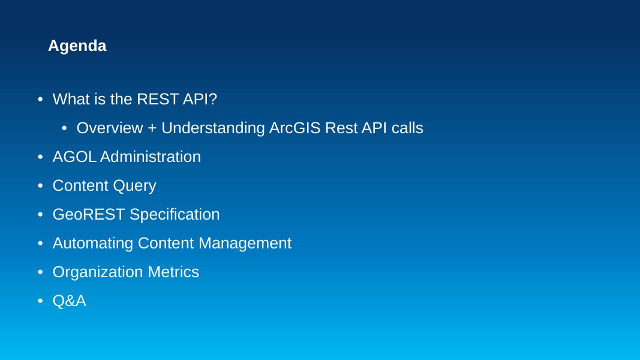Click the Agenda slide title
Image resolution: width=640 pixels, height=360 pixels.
tap(77, 46)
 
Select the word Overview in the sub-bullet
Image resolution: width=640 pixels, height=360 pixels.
tap(110, 128)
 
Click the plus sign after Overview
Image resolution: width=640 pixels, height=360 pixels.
tap(152, 128)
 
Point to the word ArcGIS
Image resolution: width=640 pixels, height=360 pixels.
tap(295, 128)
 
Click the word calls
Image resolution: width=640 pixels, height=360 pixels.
tap(407, 128)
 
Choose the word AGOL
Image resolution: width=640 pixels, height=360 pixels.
tap(74, 157)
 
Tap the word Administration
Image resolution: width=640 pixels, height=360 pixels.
tap(151, 157)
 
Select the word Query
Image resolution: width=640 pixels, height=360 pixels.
tap(135, 186)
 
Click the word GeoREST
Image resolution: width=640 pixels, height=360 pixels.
tap(89, 215)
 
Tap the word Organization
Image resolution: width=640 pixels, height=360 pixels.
tap(98, 272)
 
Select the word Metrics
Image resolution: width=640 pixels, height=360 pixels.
tap(173, 272)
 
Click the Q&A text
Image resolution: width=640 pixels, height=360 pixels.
tap(70, 301)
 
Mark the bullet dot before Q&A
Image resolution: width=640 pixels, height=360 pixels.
tap(40, 301)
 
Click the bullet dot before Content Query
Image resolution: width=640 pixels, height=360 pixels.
tap(40, 186)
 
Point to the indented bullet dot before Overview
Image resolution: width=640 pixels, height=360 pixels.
tap(64, 128)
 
